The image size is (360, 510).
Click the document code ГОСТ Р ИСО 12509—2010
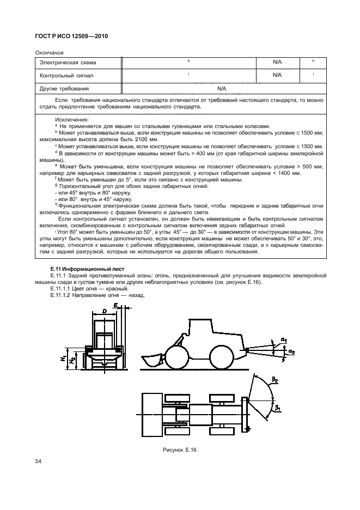click(72, 35)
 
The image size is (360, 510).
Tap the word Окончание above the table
click(48, 52)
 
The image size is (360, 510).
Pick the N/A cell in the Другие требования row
click(222, 88)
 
